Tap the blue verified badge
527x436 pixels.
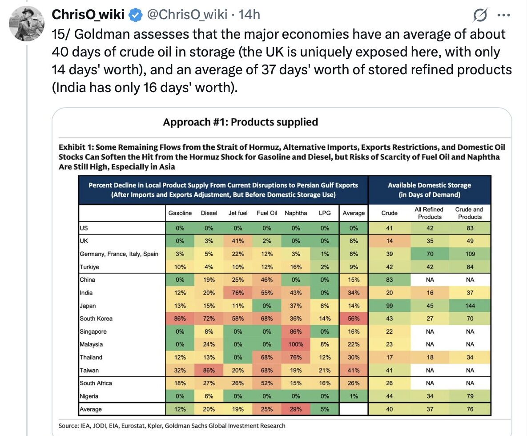tap(134, 15)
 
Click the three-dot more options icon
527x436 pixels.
tap(503, 15)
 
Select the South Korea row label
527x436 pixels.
tap(96, 319)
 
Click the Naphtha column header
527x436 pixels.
tap(296, 213)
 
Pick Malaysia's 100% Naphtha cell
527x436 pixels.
tap(296, 344)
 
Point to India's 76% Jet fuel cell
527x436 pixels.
tap(238, 293)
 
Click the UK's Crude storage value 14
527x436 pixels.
tap(389, 241)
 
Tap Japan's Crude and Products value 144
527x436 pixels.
tap(470, 306)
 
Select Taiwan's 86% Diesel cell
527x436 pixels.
tap(209, 370)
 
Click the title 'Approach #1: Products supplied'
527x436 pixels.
tap(241, 122)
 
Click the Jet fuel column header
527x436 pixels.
tap(238, 213)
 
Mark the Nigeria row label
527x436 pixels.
tap(89, 396)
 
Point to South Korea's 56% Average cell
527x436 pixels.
tap(354, 319)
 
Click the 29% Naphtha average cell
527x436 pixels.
tap(296, 409)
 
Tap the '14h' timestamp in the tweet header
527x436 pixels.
tap(249, 15)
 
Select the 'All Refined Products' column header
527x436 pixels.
tap(430, 213)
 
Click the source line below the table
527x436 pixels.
tap(172, 426)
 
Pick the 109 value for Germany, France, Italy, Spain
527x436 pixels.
tap(470, 254)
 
